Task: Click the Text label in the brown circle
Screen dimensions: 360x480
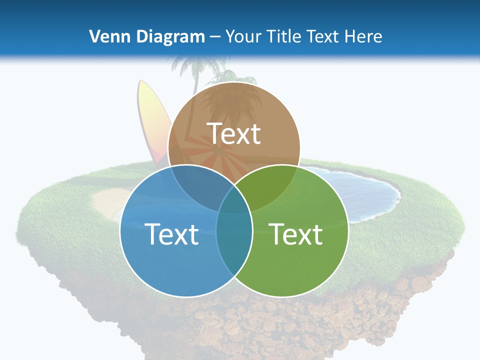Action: pos(234,133)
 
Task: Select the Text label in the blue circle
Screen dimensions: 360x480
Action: pos(171,234)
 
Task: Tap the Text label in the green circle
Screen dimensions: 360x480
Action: pos(296,234)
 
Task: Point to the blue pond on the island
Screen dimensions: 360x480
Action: pos(365,192)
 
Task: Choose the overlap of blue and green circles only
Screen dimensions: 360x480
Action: pos(234,240)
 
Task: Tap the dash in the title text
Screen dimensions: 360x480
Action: pos(215,37)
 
